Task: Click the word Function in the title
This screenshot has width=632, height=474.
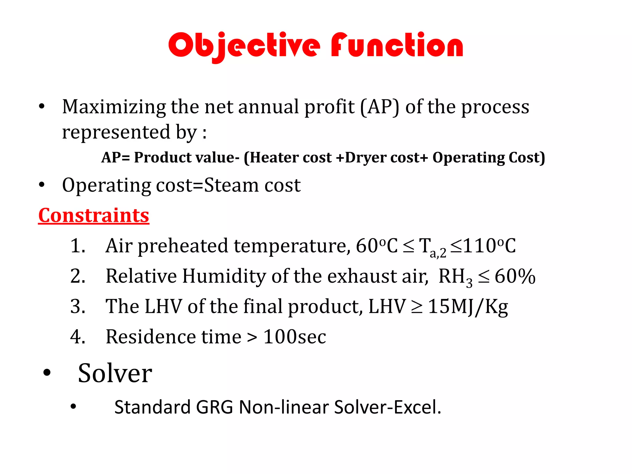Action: (x=397, y=46)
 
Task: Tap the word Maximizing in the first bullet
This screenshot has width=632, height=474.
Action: (x=114, y=107)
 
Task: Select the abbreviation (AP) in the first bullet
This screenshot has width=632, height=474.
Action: (x=380, y=107)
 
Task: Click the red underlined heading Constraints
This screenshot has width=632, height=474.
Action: (x=94, y=215)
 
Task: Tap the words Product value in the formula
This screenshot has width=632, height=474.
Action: (x=185, y=158)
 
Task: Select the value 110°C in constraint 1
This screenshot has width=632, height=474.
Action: (x=489, y=246)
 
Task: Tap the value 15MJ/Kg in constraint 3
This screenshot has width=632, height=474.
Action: (x=468, y=307)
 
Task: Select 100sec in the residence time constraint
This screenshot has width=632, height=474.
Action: (x=294, y=337)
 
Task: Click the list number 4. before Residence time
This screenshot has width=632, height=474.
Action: (x=77, y=337)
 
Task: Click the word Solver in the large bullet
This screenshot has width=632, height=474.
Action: (x=115, y=373)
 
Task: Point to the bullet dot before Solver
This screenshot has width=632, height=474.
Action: (x=47, y=373)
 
